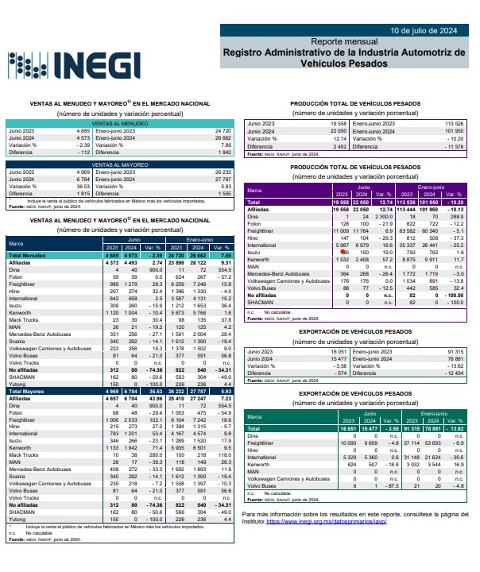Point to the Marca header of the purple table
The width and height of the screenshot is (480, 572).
pyautogui.click(x=255, y=191)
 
